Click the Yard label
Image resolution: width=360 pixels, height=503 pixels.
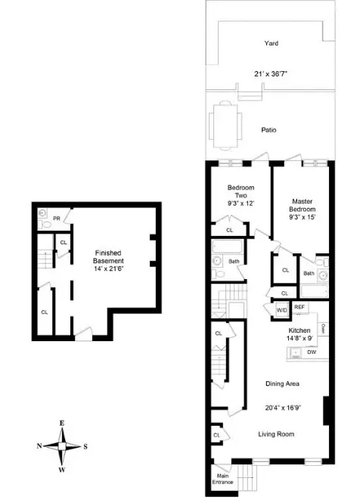pyautogui.click(x=271, y=43)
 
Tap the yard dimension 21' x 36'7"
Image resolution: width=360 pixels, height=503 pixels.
pyautogui.click(x=271, y=73)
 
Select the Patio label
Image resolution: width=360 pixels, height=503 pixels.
pyautogui.click(x=268, y=130)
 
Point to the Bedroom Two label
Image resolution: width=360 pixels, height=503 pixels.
pyautogui.click(x=241, y=192)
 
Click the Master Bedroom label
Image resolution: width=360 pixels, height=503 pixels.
pyautogui.click(x=303, y=205)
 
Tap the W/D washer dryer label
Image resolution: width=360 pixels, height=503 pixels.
pyautogui.click(x=281, y=309)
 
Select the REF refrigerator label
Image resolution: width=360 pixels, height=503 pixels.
pyautogui.click(x=299, y=306)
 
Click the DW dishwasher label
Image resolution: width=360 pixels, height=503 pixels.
pyautogui.click(x=311, y=352)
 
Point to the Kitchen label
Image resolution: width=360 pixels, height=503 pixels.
pyautogui.click(x=299, y=331)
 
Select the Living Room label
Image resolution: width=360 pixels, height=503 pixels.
pyautogui.click(x=275, y=433)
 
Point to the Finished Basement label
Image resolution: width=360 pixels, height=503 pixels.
pyautogui.click(x=107, y=257)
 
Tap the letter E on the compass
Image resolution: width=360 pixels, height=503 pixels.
pyautogui.click(x=61, y=424)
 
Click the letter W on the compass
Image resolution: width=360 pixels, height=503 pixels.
pyautogui.click(x=61, y=469)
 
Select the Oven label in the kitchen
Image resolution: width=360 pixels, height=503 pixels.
pyautogui.click(x=323, y=328)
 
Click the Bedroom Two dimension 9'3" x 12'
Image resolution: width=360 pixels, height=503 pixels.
pyautogui.click(x=241, y=203)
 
